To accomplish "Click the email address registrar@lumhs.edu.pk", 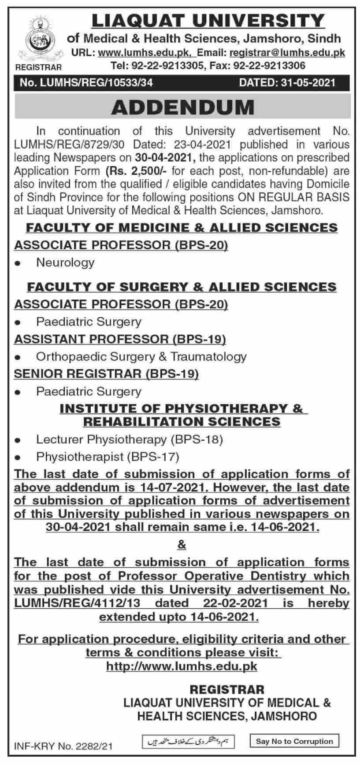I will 287,53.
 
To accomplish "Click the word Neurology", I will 65,262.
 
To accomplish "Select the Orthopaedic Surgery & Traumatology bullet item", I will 141,356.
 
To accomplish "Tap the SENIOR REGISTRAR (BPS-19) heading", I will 107,374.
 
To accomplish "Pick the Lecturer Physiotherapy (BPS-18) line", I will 130,439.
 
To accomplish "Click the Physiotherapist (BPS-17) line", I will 108,457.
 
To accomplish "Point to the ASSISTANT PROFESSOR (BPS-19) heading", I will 120,339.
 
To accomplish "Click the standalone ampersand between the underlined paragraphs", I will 182,545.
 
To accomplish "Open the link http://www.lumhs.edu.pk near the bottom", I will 182,666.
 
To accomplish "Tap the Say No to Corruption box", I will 294,741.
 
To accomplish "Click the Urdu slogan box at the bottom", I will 188,742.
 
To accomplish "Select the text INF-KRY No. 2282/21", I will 64,746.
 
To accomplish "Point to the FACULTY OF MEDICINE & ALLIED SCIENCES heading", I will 182,228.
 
